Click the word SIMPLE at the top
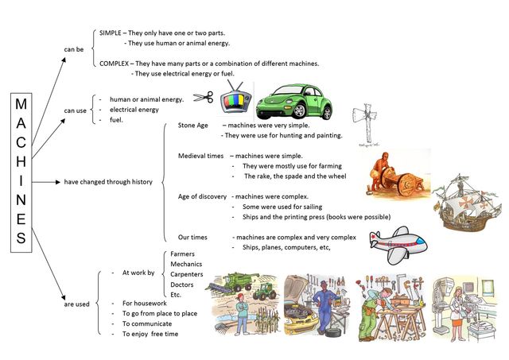[x=111, y=33]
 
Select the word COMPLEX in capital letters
[x=114, y=64]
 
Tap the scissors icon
[x=204, y=97]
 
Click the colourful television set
[x=236, y=98]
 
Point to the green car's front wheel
[x=299, y=110]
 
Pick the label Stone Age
[x=192, y=126]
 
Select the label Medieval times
[x=200, y=156]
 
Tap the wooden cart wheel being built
[x=406, y=185]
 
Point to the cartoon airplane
[x=398, y=244]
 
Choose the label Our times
[x=192, y=237]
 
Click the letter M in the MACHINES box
[x=21, y=104]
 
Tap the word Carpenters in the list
[x=187, y=274]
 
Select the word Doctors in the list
[x=182, y=285]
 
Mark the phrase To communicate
[x=147, y=323]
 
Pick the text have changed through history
[x=108, y=182]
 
